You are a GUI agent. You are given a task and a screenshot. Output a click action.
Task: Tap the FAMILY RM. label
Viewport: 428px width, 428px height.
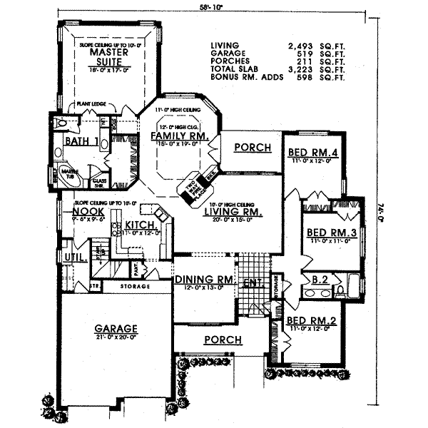[x=179, y=136]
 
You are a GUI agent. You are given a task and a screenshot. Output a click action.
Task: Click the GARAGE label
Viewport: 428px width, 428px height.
[x=117, y=329]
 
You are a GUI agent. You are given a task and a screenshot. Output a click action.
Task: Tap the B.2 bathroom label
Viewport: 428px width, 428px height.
[x=320, y=280]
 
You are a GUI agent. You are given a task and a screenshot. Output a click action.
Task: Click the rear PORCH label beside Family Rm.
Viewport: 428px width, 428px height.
[x=253, y=148]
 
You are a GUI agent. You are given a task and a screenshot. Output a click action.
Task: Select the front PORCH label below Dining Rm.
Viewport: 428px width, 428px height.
[x=223, y=340]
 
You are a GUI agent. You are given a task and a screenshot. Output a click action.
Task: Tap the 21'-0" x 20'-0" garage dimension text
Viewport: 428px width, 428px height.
[x=116, y=338]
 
